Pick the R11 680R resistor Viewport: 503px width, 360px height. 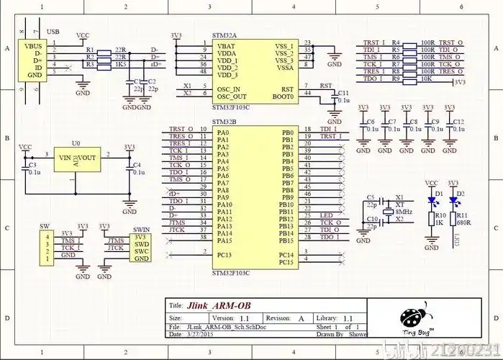[453, 220]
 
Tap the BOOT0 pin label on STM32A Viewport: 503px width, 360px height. [283, 96]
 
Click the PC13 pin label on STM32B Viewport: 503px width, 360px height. [224, 255]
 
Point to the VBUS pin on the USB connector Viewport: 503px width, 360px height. [34, 45]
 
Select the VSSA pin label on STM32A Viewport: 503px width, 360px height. [284, 68]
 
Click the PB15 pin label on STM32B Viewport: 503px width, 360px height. [286, 240]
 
